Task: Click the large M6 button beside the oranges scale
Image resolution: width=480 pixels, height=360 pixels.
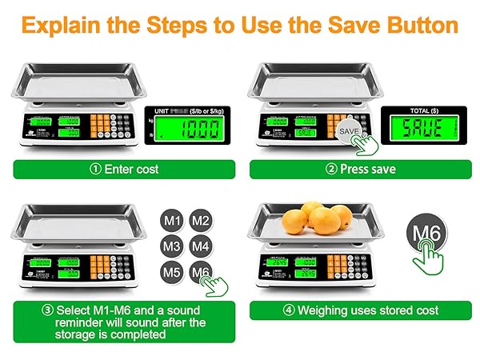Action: [x=427, y=234]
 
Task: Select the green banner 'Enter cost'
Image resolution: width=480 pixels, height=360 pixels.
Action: [x=124, y=170]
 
